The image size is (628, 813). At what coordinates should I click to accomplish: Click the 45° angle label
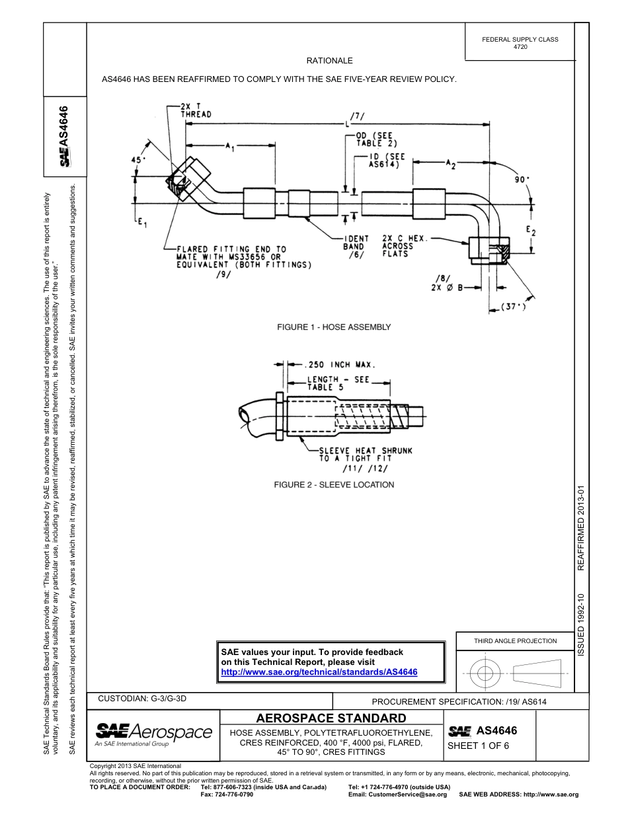pyautogui.click(x=137, y=160)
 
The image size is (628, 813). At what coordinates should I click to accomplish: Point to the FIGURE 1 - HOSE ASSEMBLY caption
pyautogui.click(x=333, y=327)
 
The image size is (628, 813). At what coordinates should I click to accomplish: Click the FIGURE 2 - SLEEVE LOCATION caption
pyautogui.click(x=334, y=484)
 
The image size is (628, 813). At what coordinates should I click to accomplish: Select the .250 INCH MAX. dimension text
pyautogui.click(x=340, y=364)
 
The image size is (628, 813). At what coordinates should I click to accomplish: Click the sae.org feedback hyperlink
pyautogui.click(x=319, y=672)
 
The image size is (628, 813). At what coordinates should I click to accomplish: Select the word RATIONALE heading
pyautogui.click(x=329, y=61)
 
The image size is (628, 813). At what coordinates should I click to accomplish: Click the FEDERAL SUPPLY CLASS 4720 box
pyautogui.click(x=520, y=43)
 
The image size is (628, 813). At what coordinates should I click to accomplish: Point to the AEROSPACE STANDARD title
pyautogui.click(x=331, y=718)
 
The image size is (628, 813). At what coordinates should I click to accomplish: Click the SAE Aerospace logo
pyautogui.click(x=153, y=734)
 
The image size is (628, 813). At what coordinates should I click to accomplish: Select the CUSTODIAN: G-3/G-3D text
pyautogui.click(x=146, y=698)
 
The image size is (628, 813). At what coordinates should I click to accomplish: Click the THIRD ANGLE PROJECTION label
pyautogui.click(x=516, y=640)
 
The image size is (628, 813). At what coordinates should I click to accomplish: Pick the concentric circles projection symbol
pyautogui.click(x=486, y=674)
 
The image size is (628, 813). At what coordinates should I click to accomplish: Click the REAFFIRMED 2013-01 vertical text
pyautogui.click(x=581, y=528)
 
